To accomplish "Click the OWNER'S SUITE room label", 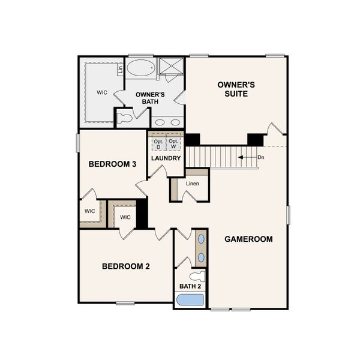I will (236, 90).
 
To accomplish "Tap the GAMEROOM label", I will (248, 239).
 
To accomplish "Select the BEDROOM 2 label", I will (125, 266).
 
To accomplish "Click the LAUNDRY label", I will (166, 158).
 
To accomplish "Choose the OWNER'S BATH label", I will (150, 98).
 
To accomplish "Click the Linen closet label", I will (192, 183).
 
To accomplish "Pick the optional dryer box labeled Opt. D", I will (158, 144).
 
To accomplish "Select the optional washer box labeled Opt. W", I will (173, 144).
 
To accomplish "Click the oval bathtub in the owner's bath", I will (141, 67).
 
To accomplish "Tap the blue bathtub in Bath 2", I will (190, 300).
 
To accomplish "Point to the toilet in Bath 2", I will (199, 276).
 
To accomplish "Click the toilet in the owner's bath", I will (125, 118).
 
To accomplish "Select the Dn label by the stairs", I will (260, 157).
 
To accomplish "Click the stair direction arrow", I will (245, 157).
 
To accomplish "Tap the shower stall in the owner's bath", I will (171, 68).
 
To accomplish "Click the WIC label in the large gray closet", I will (101, 93).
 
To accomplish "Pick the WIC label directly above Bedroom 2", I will (125, 217).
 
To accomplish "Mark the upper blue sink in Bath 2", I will (201, 239).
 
